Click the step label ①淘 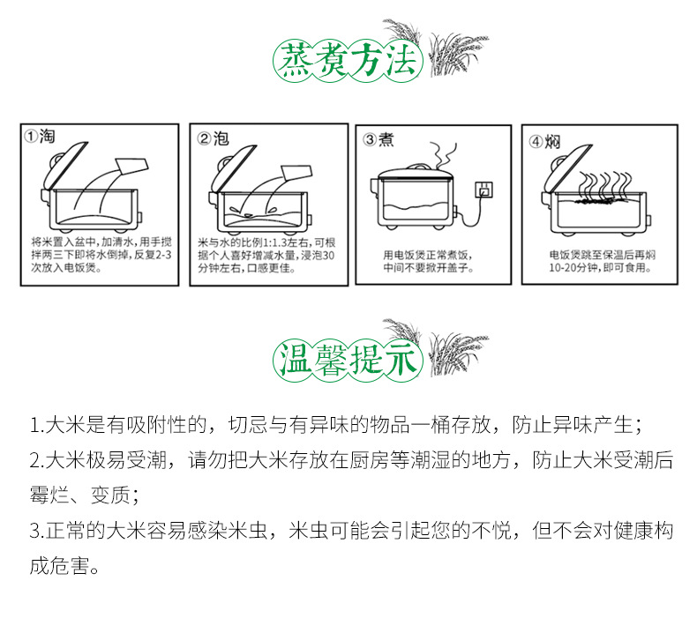coord(40,137)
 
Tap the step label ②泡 coord(213,138)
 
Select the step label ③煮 coord(378,139)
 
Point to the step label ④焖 coord(544,142)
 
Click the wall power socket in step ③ coord(483,190)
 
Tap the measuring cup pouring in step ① coord(131,166)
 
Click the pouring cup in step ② coord(296,173)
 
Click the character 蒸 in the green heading coord(292,62)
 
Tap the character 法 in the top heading coord(401,62)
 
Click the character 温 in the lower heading coord(292,359)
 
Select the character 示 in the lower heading coord(401,359)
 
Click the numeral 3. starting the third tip coord(37,531)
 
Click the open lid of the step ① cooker coord(65,166)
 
